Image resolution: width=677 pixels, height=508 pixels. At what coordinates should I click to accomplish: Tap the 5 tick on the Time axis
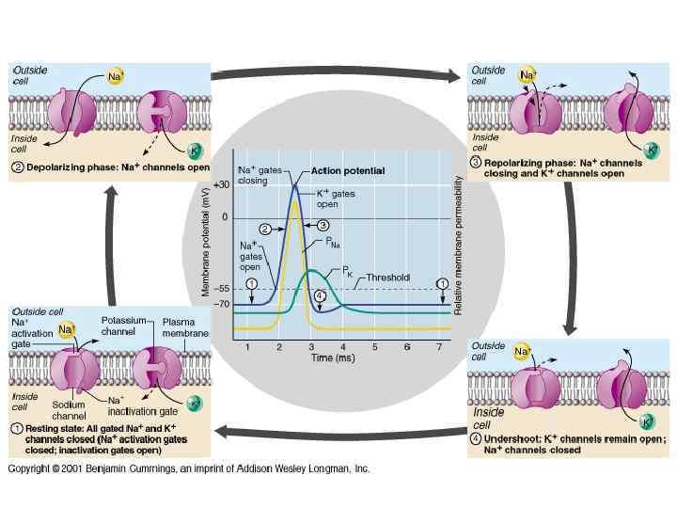(374, 348)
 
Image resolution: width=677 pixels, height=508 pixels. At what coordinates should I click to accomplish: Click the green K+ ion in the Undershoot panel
(648, 421)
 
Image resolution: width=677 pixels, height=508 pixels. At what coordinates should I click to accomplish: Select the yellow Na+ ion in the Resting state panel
(67, 330)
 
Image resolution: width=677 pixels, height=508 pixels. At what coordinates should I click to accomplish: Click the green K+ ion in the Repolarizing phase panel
(652, 148)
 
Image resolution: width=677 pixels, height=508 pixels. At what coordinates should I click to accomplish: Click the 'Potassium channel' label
(122, 326)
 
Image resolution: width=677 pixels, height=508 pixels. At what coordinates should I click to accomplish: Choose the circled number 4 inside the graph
(320, 296)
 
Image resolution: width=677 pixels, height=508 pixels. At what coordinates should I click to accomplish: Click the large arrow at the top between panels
(334, 72)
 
